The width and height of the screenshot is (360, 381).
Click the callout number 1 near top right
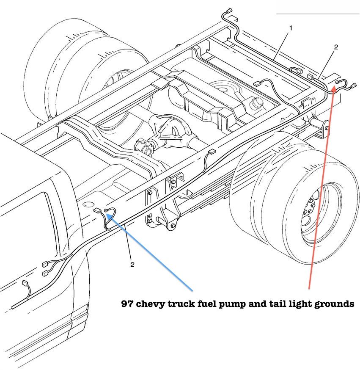tap(291, 28)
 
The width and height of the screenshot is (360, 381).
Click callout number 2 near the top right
tap(336, 47)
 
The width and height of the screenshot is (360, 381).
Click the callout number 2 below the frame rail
tap(132, 265)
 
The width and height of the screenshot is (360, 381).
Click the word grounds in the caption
tap(332, 304)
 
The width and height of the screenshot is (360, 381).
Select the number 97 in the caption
tap(127, 304)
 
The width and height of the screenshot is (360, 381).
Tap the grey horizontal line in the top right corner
tap(317, 14)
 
